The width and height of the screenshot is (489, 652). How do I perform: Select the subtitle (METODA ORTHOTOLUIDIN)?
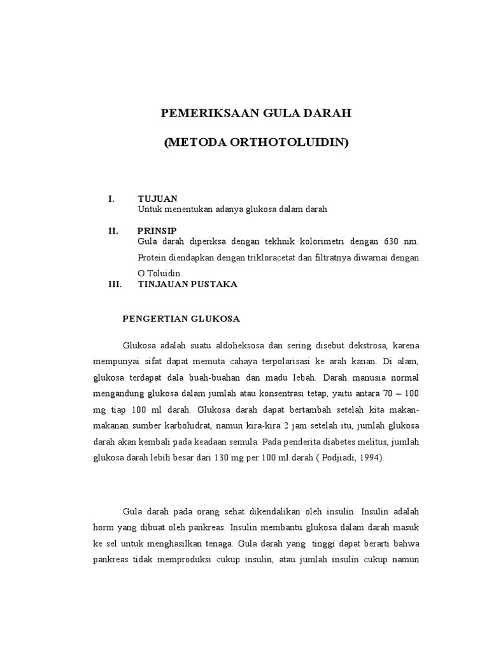(x=256, y=143)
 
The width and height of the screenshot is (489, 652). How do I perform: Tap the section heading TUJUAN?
(x=157, y=199)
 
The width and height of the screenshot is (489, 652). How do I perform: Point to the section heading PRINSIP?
(x=157, y=230)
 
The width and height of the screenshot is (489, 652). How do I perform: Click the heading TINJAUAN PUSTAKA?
(x=188, y=285)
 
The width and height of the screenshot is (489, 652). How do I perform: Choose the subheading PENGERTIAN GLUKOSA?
(x=181, y=318)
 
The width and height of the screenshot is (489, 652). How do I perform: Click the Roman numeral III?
(x=115, y=285)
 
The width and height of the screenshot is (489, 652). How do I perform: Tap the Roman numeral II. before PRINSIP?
(x=114, y=230)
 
